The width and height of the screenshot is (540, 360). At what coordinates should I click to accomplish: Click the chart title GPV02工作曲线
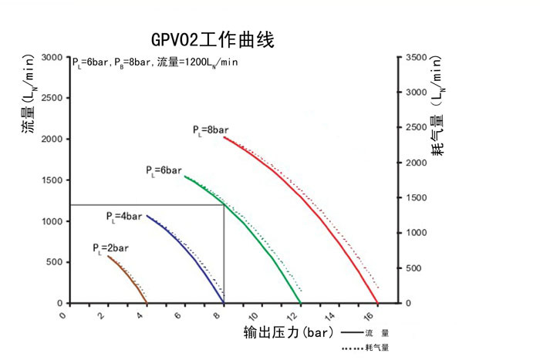pos(214,39)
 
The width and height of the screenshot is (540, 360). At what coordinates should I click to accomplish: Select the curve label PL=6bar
pos(164,170)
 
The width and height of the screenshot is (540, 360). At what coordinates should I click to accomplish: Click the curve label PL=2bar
pos(110,248)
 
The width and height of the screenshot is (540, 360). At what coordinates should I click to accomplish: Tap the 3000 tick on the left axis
pos(52,58)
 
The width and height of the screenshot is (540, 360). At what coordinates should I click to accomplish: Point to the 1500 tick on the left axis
pos(52,180)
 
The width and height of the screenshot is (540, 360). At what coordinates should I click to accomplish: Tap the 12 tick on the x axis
pos(299,316)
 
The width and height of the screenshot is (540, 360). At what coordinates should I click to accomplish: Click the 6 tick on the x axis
pos(184,316)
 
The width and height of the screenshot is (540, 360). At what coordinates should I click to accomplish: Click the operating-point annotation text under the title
pos(155,62)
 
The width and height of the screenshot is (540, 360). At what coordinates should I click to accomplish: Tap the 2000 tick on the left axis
pos(52,140)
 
